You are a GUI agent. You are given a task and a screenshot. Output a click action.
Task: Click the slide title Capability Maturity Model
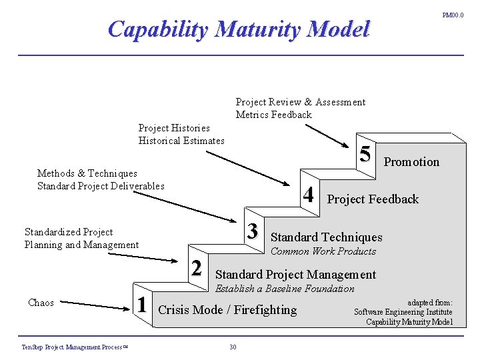click(238, 29)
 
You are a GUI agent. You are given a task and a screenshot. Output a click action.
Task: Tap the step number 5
click(365, 154)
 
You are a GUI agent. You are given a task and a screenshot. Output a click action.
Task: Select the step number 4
click(308, 194)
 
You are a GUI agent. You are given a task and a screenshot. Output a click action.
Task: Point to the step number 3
click(252, 231)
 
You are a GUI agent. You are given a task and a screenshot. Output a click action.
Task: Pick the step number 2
click(196, 267)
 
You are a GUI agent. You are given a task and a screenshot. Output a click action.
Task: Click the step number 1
click(141, 304)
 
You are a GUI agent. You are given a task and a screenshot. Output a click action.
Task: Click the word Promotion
click(411, 162)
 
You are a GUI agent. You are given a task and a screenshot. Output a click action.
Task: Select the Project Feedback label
click(373, 199)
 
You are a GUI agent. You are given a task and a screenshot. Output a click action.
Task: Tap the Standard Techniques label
click(326, 237)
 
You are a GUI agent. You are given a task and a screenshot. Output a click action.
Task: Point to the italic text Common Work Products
click(323, 251)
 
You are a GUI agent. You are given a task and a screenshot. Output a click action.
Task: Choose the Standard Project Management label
click(295, 275)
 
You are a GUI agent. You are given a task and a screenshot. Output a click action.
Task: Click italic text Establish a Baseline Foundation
click(285, 289)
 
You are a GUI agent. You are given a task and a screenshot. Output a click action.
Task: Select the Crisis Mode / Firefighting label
click(227, 309)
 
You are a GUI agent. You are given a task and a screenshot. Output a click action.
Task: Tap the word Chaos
click(41, 303)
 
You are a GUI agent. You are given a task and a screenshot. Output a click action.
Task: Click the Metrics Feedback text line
click(273, 115)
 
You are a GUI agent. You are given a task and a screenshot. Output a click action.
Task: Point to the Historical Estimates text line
click(181, 140)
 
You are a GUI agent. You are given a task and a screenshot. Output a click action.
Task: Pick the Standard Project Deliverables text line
click(101, 185)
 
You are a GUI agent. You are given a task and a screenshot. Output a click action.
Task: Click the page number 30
click(233, 347)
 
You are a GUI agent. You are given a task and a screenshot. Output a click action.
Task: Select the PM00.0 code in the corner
click(453, 15)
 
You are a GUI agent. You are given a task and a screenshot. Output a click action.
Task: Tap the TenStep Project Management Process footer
click(74, 347)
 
